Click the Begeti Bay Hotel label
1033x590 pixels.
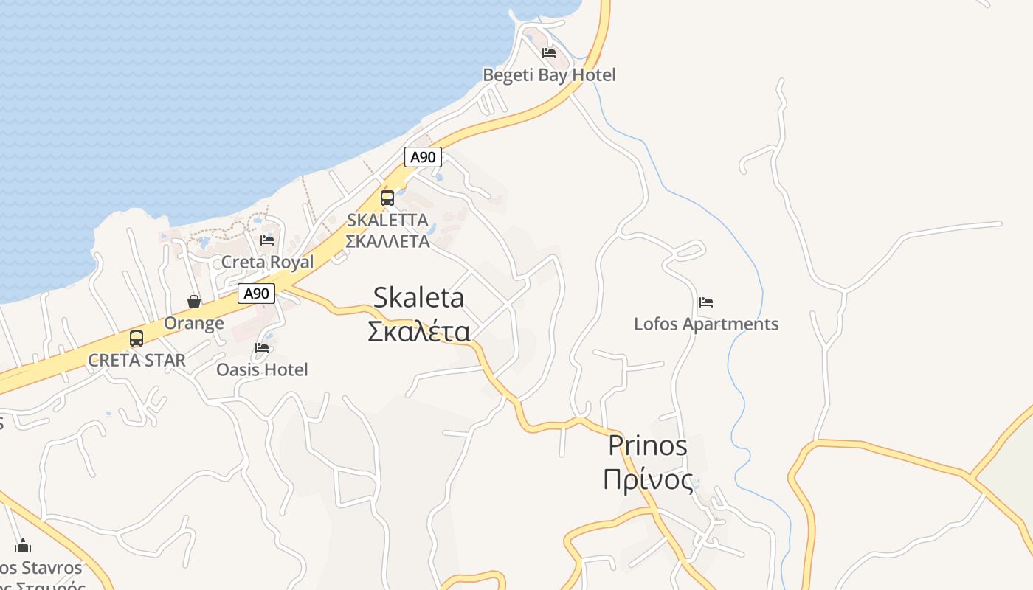(x=549, y=74)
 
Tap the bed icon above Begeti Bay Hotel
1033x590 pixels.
(x=549, y=53)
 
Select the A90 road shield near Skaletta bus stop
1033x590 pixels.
(x=424, y=156)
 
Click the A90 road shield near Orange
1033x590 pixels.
(x=257, y=294)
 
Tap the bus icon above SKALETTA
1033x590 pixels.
(x=387, y=198)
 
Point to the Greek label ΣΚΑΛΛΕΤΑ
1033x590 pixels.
(x=387, y=241)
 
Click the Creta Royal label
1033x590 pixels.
(x=268, y=262)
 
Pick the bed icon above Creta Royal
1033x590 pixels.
(x=267, y=240)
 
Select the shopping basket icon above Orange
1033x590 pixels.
(x=194, y=302)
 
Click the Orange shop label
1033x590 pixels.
(x=194, y=323)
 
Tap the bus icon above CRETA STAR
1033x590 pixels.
(x=137, y=339)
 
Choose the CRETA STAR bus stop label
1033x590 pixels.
(x=137, y=361)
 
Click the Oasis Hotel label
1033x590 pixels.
(x=262, y=369)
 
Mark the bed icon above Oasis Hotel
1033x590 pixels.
(x=262, y=347)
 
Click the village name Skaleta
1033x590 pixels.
(x=418, y=297)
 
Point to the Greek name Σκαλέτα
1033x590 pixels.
(x=418, y=332)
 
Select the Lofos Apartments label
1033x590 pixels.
(x=706, y=324)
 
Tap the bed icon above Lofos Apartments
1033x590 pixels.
(x=706, y=302)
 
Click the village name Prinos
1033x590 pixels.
(x=648, y=445)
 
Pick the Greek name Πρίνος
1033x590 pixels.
(x=648, y=480)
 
